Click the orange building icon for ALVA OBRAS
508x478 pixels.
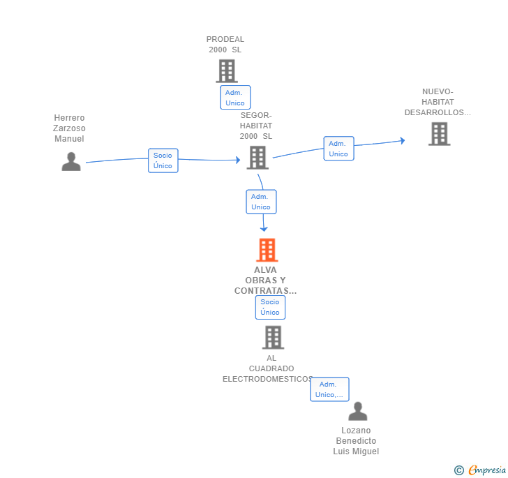267,250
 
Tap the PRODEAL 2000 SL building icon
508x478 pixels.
227,71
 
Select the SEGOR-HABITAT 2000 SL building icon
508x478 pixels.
257,158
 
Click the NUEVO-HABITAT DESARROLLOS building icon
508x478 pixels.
440,134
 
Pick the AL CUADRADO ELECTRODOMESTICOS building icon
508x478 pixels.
273,337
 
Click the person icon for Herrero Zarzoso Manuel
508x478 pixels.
71,161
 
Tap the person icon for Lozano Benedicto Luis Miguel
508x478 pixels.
358,411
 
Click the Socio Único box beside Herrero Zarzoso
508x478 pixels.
163,160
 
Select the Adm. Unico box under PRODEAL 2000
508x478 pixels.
235,98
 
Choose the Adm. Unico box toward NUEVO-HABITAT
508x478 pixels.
338,149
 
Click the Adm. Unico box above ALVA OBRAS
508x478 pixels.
261,202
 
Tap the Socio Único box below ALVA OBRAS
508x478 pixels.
270,307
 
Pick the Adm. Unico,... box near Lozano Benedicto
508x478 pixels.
329,389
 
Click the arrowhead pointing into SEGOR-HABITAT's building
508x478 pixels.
238,160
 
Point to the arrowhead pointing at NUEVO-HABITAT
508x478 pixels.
403,140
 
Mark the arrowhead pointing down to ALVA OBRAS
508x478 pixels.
264,229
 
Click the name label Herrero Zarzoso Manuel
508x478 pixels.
69,128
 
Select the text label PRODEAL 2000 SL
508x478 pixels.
225,45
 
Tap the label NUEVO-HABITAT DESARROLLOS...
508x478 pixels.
438,102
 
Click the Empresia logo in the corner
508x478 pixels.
480,470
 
